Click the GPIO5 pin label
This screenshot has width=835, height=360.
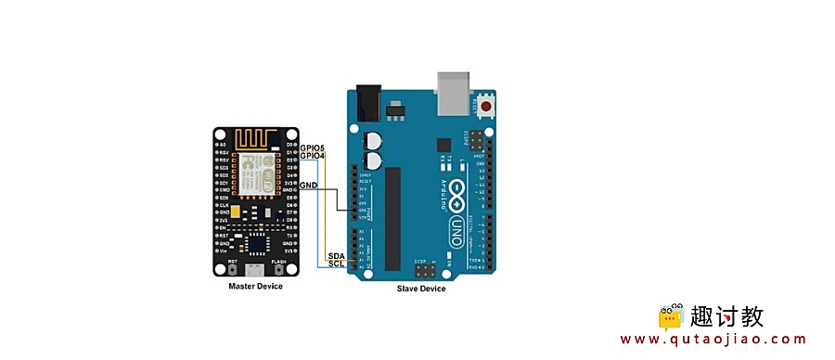313,148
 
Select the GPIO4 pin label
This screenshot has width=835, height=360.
313,156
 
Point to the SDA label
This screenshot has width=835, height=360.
336,255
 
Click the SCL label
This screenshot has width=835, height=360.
336,264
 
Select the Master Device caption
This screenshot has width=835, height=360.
256,287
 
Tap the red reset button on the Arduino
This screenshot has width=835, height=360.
485,104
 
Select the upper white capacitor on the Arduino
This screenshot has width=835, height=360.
374,140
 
